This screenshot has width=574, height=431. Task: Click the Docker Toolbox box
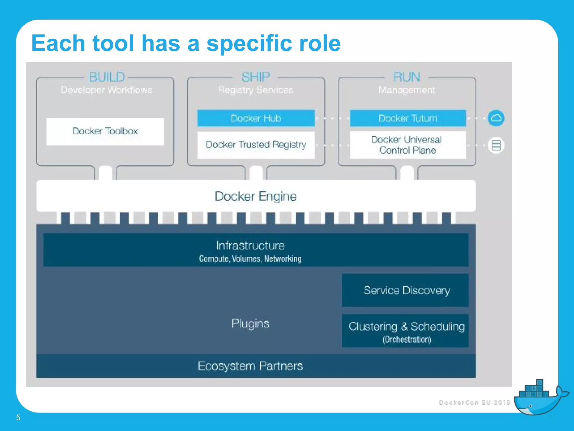[105, 131]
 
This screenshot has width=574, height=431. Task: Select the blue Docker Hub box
[256, 118]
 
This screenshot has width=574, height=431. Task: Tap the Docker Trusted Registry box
[256, 145]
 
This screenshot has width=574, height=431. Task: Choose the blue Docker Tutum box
[408, 118]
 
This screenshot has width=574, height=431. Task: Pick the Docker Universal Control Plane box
[408, 145]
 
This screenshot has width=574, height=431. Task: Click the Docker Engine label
[256, 196]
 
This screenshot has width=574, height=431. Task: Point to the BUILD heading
[107, 77]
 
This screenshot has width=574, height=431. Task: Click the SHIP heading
[256, 77]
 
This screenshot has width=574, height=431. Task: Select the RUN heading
[407, 77]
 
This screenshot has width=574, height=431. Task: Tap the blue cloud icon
[496, 118]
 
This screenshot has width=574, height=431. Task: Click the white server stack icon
[496, 145]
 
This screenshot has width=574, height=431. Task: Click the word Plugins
[250, 324]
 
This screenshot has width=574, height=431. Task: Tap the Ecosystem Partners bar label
[250, 366]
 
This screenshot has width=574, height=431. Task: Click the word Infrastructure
[250, 246]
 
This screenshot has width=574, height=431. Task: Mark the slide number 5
[18, 418]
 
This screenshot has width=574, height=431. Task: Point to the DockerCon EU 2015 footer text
[475, 402]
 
